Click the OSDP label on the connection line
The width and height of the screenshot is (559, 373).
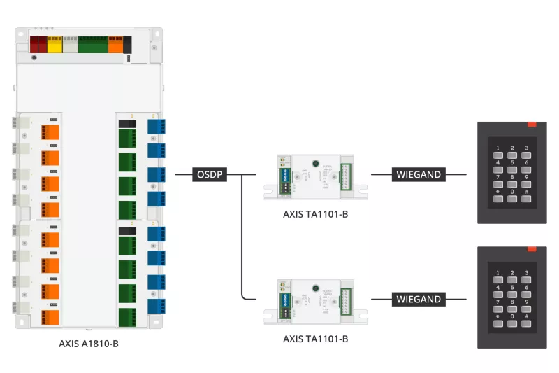coord(210,174)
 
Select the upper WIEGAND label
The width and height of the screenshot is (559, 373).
coord(419,174)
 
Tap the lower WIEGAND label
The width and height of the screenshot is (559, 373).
coord(419,299)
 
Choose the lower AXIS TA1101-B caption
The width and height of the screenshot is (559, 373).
coord(315,339)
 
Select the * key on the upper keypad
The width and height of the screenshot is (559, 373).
coord(498,198)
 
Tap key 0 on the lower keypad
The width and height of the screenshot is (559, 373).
coord(513,322)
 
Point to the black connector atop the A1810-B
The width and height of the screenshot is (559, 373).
coord(127,45)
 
